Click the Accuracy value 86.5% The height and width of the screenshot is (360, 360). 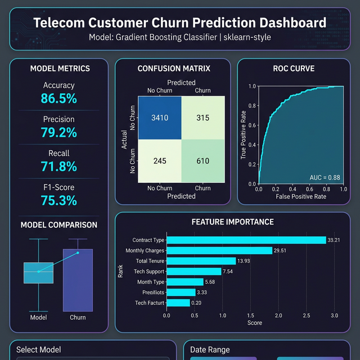click(x=58, y=98)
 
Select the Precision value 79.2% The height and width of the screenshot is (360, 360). click(x=58, y=133)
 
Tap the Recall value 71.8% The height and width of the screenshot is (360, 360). click(x=58, y=166)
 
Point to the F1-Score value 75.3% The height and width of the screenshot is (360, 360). click(x=58, y=201)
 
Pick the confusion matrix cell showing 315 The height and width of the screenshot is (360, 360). click(x=202, y=118)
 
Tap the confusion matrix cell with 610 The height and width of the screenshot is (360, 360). click(x=202, y=161)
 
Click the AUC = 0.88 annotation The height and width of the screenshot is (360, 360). click(x=325, y=177)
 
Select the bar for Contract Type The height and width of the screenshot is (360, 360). click(x=246, y=240)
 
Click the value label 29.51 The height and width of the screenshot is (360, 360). click(x=280, y=251)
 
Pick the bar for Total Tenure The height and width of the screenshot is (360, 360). click(x=201, y=261)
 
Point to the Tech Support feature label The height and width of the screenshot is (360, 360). click(x=148, y=272)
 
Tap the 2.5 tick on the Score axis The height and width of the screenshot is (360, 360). click(x=306, y=316)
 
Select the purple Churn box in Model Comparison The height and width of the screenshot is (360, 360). click(x=78, y=280)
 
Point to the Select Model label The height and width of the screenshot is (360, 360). click(x=39, y=350)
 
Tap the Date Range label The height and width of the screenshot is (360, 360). click(x=210, y=350)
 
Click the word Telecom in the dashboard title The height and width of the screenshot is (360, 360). click(x=60, y=23)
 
